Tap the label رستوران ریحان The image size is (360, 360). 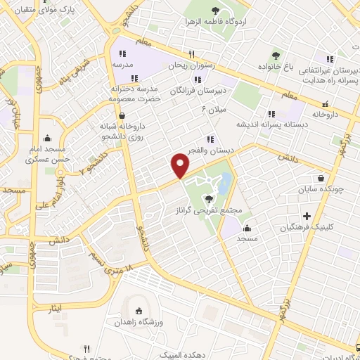click(189, 65)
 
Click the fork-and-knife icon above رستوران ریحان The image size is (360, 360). click(190, 54)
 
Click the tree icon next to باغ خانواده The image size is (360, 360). click(275, 55)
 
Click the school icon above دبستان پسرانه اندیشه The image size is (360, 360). click(271, 113)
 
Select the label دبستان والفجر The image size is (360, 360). click(209, 149)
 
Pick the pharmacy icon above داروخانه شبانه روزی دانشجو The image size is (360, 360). click(123, 115)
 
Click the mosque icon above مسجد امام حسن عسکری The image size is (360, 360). click(47, 138)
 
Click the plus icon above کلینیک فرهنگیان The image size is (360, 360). click(305, 216)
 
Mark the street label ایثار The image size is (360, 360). click(54, 309)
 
